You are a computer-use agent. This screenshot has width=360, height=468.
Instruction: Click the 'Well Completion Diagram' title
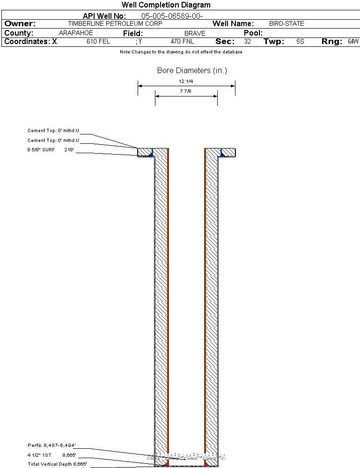(166, 5)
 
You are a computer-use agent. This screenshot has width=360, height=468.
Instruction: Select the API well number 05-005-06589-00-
(172, 16)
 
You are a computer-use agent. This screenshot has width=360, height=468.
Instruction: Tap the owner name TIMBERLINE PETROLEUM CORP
(115, 23)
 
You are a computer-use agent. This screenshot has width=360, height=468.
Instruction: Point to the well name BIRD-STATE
(287, 23)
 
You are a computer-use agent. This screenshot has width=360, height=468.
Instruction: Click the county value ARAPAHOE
(76, 33)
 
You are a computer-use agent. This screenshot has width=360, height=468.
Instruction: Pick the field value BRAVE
(195, 33)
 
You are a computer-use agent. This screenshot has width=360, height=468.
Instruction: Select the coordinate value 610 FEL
(98, 42)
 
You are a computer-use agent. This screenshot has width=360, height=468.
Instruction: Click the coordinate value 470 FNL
(182, 42)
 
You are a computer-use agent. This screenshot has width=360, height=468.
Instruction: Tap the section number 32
(247, 42)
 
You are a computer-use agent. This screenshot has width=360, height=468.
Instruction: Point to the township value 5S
(300, 42)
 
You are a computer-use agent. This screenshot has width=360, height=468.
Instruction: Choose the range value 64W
(353, 42)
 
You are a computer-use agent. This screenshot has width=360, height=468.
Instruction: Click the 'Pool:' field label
(253, 33)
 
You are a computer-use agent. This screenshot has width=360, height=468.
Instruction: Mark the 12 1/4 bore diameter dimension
(186, 81)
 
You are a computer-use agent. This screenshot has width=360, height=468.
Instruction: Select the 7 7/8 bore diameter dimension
(185, 91)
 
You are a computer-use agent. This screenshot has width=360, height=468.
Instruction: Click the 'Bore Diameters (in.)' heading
(192, 70)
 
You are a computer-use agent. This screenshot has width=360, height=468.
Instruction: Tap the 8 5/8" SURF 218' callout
(51, 150)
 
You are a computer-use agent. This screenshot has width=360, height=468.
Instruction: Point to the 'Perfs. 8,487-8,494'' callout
(51, 446)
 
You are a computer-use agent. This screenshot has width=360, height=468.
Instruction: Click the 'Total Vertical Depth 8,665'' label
(57, 464)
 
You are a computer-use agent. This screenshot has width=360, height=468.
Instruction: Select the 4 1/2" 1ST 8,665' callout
(52, 455)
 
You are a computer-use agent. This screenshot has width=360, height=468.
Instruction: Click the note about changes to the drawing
(181, 52)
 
